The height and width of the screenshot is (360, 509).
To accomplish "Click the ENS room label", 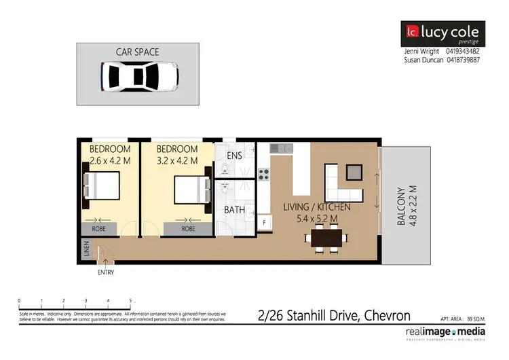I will point(235,156).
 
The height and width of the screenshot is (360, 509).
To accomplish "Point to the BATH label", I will point(235,210).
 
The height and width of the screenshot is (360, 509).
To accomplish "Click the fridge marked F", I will point(263,222).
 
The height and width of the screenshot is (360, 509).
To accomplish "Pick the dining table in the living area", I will point(328,238).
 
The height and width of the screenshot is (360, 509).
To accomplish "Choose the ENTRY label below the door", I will point(105,272).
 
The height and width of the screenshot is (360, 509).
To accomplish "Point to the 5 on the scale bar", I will point(130,300).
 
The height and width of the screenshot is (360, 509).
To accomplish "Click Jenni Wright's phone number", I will point(463,51).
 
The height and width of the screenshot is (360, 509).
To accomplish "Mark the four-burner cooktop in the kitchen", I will point(263,175).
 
